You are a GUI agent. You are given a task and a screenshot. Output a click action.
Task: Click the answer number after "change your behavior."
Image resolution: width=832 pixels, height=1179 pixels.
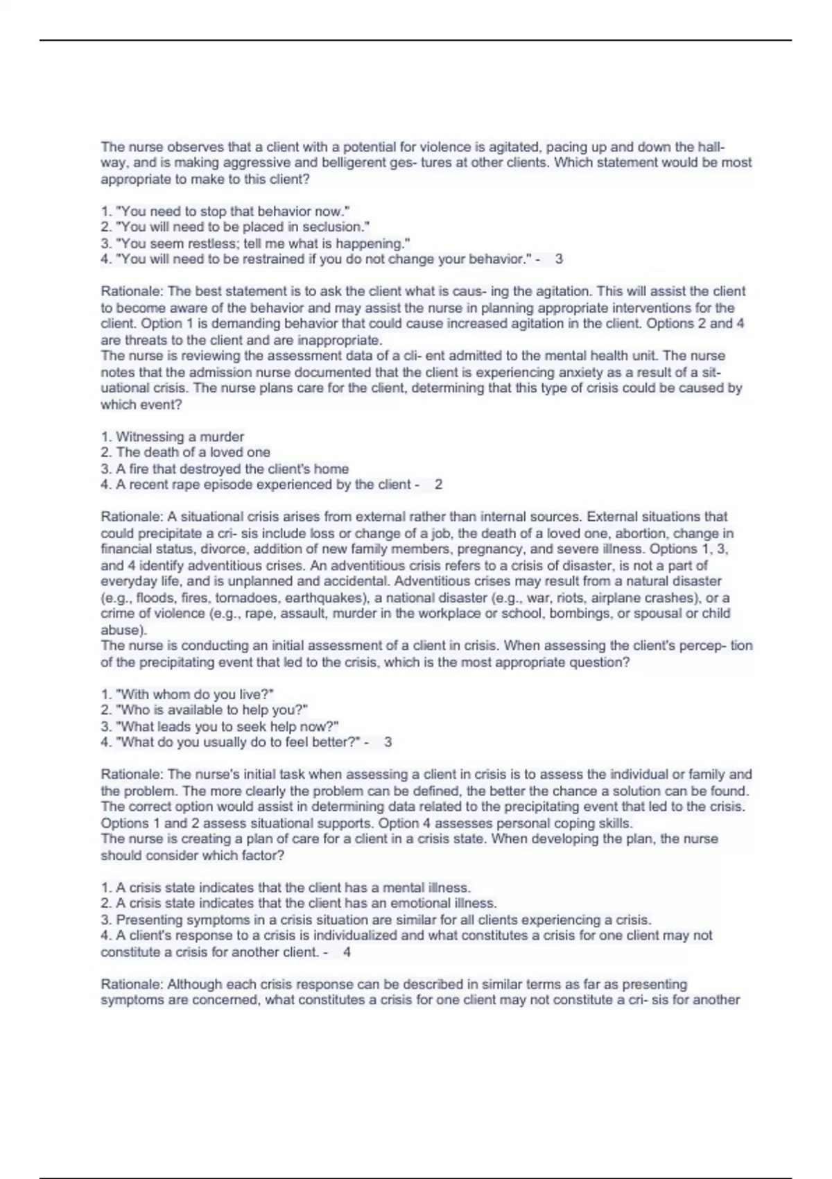pyautogui.click(x=559, y=259)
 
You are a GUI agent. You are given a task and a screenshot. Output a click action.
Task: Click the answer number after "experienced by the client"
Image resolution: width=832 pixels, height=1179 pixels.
pyautogui.click(x=438, y=485)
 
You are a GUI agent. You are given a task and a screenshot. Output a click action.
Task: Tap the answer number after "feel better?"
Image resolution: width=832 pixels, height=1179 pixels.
pyautogui.click(x=388, y=742)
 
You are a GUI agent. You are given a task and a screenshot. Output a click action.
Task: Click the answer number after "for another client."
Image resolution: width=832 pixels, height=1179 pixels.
pyautogui.click(x=347, y=952)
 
